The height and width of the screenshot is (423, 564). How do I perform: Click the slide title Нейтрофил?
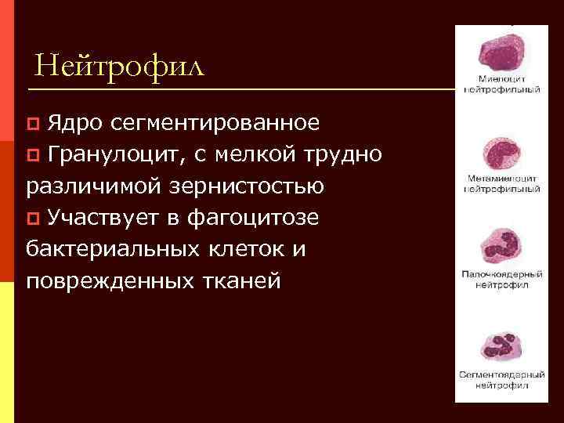[119, 65]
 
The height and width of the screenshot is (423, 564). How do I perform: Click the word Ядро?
[73, 122]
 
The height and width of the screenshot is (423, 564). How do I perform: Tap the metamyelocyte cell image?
[501, 153]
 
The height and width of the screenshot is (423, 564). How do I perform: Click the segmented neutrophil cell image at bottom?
[502, 347]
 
